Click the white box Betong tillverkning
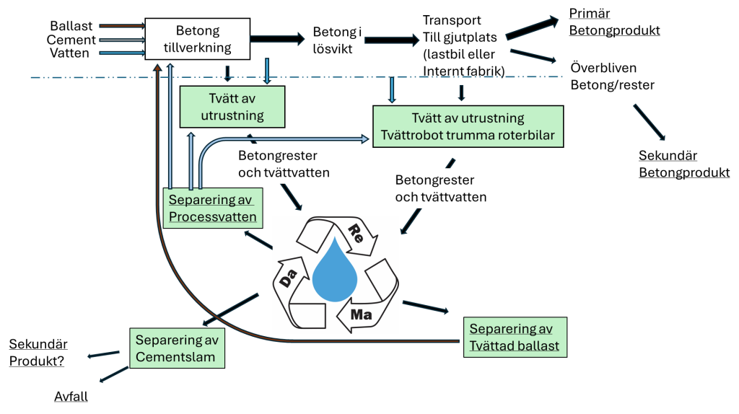pyautogui.click(x=198, y=39)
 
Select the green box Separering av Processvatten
pyautogui.click(x=213, y=208)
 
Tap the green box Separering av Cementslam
pyautogui.click(x=178, y=348)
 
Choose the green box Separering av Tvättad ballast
pyautogui.click(x=515, y=338)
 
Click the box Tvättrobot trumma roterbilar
pyautogui.click(x=468, y=126)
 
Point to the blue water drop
pyautogui.click(x=335, y=270)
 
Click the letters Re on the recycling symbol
pyautogui.click(x=356, y=234)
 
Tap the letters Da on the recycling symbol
pyautogui.click(x=288, y=278)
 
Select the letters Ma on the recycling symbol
pyautogui.click(x=361, y=314)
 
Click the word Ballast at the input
pyautogui.click(x=71, y=26)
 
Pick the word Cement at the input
pyautogui.click(x=71, y=40)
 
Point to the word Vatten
pyautogui.click(x=70, y=53)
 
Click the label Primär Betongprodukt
pyautogui.click(x=614, y=22)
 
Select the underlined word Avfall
pyautogui.click(x=71, y=397)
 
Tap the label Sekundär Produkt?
pyautogui.click(x=38, y=352)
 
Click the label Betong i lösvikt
pyautogui.click(x=337, y=40)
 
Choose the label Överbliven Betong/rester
pyautogui.click(x=612, y=76)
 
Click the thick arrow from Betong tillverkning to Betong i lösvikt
pyautogui.click(x=278, y=39)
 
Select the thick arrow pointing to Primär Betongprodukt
pyautogui.click(x=532, y=27)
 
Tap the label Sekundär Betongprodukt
pyautogui.click(x=684, y=164)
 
